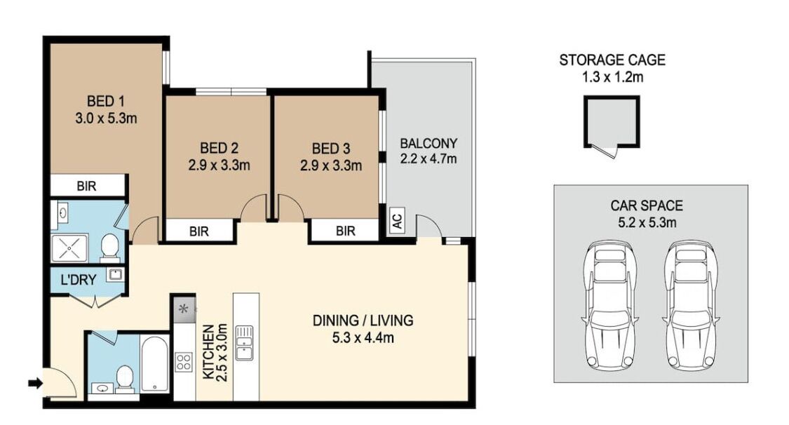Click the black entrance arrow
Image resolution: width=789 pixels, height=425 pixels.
point(35,384)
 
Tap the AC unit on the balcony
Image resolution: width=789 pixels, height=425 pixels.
point(398,220)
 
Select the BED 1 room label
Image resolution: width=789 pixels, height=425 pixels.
point(106,101)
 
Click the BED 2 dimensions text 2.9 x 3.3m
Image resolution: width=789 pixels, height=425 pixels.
point(219,165)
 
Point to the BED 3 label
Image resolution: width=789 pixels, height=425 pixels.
point(330,149)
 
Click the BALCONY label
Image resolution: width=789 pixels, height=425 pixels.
point(429,143)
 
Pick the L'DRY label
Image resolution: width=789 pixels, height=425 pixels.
point(78,280)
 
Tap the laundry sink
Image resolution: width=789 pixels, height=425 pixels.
point(115,275)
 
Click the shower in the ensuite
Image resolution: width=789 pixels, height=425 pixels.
point(69,248)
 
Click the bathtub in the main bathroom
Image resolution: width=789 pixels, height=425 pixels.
point(155,363)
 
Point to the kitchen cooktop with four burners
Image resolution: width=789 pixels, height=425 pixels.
point(184,362)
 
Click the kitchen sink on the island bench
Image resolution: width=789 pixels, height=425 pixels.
point(245,342)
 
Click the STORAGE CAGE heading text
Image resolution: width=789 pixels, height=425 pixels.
point(612,60)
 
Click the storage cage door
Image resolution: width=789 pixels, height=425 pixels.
point(605,150)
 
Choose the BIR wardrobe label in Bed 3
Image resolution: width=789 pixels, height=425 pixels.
point(345,231)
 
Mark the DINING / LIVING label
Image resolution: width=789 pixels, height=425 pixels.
point(363,321)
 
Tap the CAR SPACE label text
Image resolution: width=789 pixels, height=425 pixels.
point(647,205)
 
